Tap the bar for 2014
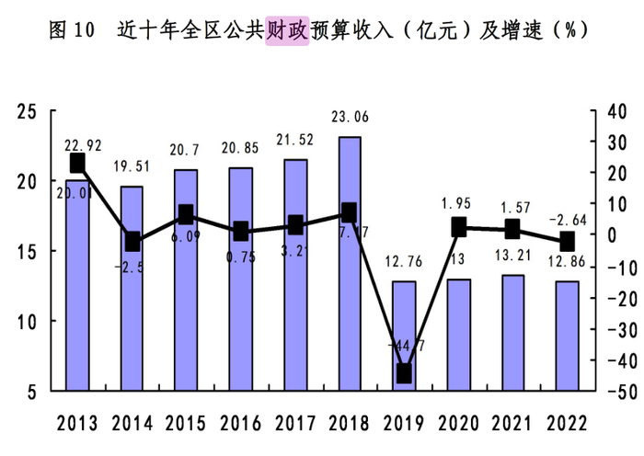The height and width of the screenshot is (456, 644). pos(132,289)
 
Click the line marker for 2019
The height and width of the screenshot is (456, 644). pos(404,373)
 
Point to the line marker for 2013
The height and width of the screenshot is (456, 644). pos(77,163)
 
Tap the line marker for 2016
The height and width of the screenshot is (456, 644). pos(240,231)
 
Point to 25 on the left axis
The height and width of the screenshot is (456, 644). pos(29,111)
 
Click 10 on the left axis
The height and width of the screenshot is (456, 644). pos(29,322)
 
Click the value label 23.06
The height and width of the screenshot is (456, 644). pos(350,117)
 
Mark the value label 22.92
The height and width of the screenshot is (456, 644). pos(84,144)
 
